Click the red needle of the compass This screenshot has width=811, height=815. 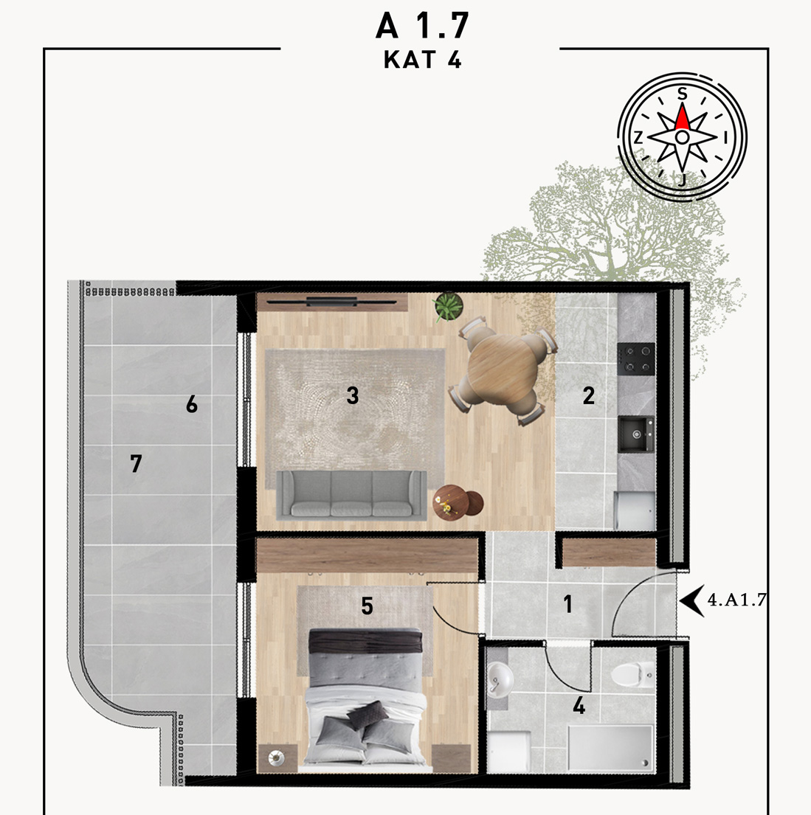click(683, 117)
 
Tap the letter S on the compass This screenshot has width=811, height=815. click(683, 94)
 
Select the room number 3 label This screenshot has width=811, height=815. click(353, 396)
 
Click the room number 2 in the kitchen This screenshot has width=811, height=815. click(588, 396)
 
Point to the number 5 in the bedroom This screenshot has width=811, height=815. click(367, 606)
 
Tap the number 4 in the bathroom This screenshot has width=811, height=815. click(579, 707)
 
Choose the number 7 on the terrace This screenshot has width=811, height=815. click(136, 464)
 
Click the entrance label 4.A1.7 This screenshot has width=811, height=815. click(736, 600)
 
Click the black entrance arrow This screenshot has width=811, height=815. click(692, 600)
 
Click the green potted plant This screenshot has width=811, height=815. click(449, 307)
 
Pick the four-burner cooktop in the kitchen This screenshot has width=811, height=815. click(636, 359)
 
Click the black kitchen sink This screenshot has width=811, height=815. click(636, 434)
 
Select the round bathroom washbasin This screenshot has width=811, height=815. click(500, 679)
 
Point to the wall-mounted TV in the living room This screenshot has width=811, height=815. click(332, 301)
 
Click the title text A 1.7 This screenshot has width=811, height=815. click(422, 26)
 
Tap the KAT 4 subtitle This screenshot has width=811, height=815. click(422, 60)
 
